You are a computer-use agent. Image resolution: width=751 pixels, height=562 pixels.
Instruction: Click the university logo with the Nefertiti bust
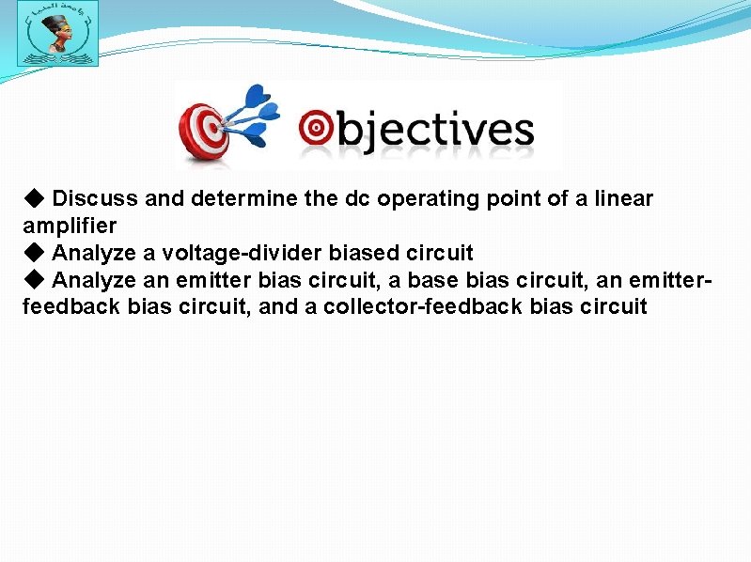[57, 34]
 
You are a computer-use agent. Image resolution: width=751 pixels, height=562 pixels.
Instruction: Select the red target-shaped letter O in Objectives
[316, 129]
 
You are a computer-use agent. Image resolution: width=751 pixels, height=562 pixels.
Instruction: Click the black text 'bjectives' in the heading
[434, 132]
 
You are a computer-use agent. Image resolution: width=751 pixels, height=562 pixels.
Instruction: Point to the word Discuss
[95, 199]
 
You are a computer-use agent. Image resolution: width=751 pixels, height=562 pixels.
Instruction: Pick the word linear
[624, 199]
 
